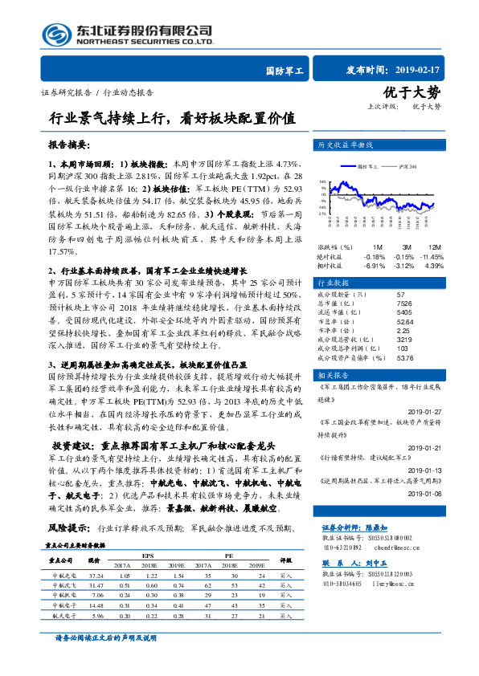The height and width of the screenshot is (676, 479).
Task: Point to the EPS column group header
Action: pos(147,556)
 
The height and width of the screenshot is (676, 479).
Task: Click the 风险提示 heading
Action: pos(69,528)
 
